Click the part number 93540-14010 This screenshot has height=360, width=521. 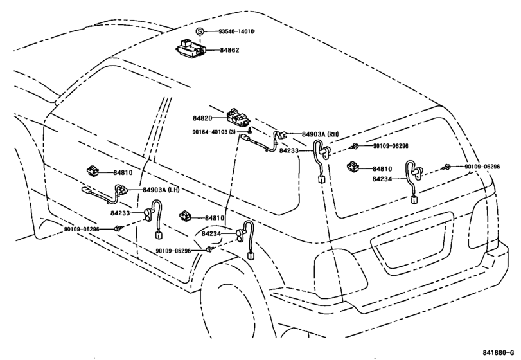236,32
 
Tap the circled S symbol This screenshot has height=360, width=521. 199,32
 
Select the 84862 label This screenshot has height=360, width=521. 229,50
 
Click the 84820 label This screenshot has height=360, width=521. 202,118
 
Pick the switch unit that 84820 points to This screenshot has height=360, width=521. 238,117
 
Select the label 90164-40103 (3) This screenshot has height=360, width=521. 214,132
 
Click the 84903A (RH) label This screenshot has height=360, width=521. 321,134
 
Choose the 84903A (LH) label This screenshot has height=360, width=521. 161,190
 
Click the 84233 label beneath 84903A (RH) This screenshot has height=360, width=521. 288,150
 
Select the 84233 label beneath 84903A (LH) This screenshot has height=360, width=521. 120,213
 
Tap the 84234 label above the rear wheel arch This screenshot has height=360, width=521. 211,234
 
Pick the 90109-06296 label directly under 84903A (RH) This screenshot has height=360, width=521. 391,146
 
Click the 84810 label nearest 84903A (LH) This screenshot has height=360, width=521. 123,172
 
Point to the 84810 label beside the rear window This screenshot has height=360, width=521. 382,168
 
